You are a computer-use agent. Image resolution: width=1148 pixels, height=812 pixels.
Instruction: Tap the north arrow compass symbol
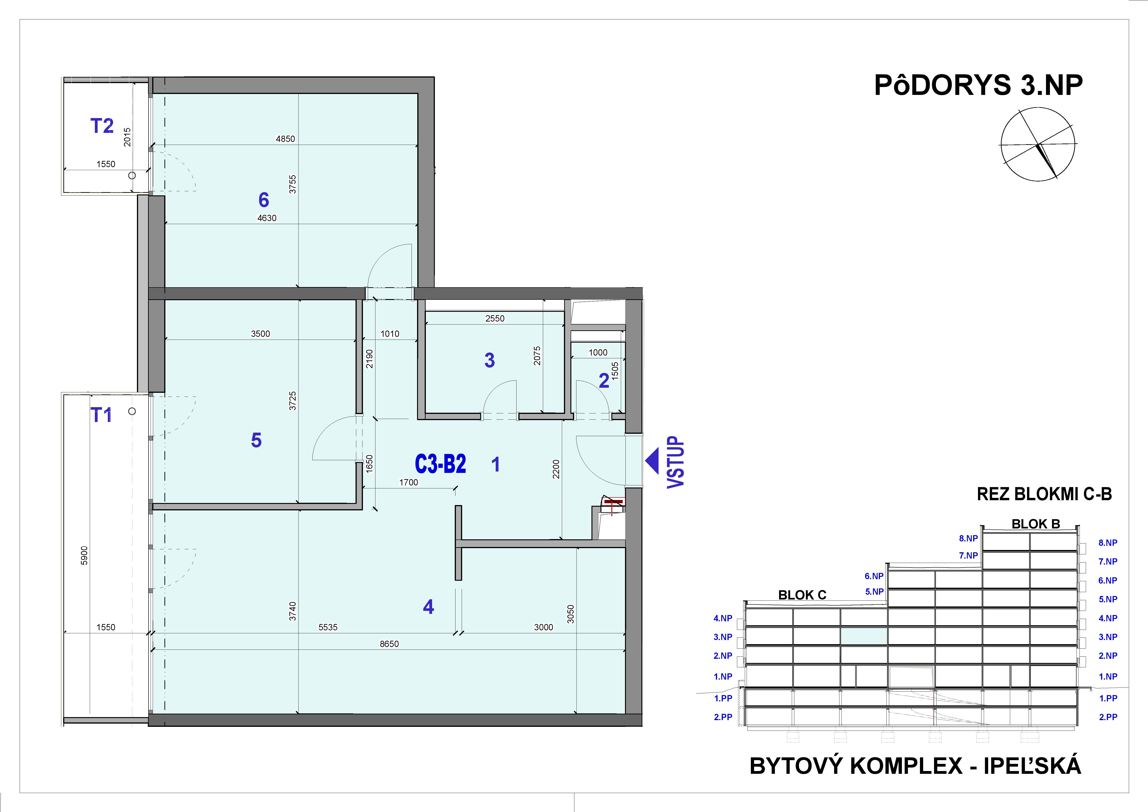tap(1038, 144)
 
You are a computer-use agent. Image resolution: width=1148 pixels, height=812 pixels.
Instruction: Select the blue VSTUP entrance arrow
tap(652, 461)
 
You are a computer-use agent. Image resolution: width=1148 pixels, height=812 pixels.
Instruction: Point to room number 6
tap(263, 200)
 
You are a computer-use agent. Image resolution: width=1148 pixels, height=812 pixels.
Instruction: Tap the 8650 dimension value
tap(389, 644)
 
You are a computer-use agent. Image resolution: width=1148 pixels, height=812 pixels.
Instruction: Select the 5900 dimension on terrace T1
tap(84, 555)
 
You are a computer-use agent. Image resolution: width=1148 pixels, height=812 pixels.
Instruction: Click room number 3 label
tap(489, 360)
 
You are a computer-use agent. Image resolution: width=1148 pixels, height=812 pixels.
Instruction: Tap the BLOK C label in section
tap(802, 595)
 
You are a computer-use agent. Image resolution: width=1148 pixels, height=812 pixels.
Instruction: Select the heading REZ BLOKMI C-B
tap(1044, 494)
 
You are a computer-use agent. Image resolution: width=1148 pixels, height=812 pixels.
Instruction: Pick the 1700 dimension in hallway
tap(408, 482)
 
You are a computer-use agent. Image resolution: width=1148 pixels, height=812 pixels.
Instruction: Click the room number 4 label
tap(428, 607)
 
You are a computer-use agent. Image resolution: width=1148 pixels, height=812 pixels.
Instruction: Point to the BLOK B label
tap(1036, 524)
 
